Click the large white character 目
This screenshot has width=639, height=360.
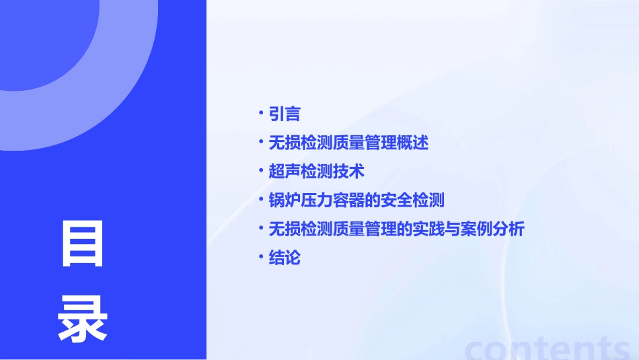[x=83, y=243]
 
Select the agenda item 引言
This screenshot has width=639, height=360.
[x=285, y=114]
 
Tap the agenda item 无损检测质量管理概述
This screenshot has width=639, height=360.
[x=348, y=143]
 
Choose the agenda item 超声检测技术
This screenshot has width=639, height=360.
[x=316, y=172]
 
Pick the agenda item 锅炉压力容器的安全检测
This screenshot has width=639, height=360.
[x=356, y=201]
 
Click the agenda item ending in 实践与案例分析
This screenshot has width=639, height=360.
[x=396, y=229]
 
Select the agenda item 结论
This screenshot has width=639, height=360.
[x=285, y=258]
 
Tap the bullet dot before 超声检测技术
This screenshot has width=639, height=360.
[x=261, y=170]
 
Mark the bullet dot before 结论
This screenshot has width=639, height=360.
[x=261, y=256]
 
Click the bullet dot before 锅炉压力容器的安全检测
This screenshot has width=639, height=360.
[x=261, y=199]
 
